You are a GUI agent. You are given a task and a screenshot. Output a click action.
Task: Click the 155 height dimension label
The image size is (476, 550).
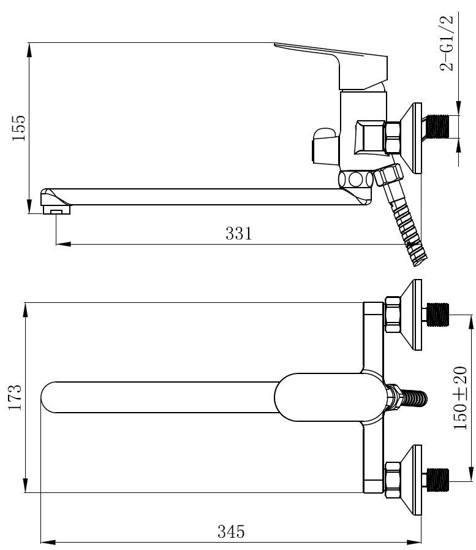[x=19, y=128]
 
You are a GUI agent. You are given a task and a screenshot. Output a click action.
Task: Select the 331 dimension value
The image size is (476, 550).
[x=239, y=233]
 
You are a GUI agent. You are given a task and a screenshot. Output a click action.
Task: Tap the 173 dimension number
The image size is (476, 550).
[x=15, y=397]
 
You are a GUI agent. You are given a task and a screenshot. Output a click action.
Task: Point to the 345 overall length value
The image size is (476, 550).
[x=231, y=532]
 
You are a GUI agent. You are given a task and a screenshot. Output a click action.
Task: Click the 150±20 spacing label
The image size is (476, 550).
[x=460, y=398]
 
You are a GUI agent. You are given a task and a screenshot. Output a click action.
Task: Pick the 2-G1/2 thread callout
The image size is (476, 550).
[x=447, y=43]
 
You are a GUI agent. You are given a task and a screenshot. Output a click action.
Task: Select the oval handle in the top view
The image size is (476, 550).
[x=330, y=397]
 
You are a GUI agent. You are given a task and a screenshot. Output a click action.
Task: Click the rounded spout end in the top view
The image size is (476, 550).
[x=49, y=397]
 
